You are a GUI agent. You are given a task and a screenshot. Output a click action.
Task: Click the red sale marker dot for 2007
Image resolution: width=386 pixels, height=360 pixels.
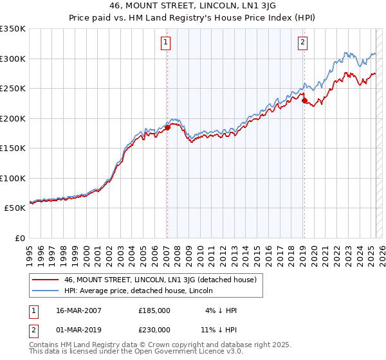tap(167, 127)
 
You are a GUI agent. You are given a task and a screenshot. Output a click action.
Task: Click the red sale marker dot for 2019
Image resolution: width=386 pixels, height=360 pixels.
tap(304, 100)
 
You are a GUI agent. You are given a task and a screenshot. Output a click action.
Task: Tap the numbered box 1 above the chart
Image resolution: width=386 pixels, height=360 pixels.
tap(166, 43)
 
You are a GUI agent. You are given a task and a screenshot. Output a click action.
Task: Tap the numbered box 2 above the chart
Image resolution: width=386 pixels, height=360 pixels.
tap(302, 43)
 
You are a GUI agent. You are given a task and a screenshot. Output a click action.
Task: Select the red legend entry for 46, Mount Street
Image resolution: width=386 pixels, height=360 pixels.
tap(160, 280)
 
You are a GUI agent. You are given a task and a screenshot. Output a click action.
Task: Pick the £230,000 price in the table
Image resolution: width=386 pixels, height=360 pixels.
tap(154, 330)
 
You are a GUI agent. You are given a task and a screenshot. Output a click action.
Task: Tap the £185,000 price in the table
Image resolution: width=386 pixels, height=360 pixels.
tap(154, 310)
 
